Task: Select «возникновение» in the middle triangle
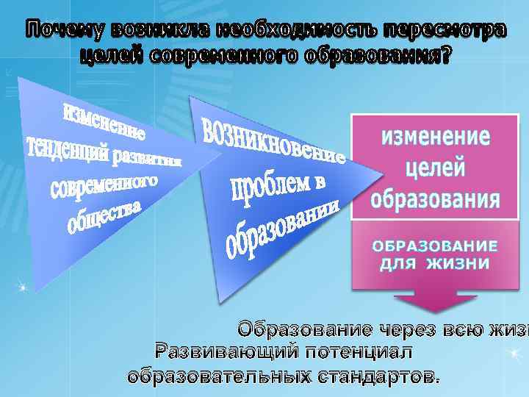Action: [272, 139]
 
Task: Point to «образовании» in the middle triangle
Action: [283, 227]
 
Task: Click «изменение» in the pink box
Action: [436, 137]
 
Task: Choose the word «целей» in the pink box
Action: [436, 168]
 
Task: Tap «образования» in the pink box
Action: [436, 198]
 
